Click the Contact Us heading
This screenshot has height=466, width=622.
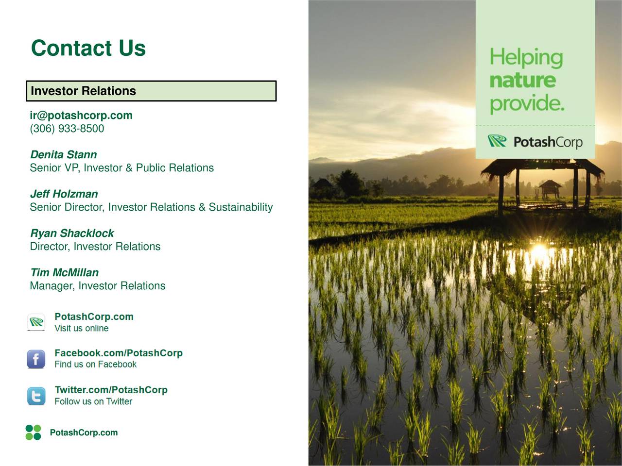88,48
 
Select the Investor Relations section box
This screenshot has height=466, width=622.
151,91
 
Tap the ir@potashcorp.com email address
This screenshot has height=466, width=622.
81,116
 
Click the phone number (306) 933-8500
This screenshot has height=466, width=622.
67,129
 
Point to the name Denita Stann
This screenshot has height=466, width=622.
64,154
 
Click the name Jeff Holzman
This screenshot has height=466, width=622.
64,194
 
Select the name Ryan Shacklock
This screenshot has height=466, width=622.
72,233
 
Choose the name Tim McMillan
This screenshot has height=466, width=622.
65,272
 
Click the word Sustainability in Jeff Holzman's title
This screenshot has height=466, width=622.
241,207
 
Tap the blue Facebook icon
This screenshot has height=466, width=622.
36,359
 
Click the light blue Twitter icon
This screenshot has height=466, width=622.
36,396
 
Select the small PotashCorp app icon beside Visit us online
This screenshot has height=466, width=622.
36,322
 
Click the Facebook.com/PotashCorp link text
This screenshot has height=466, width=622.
119,353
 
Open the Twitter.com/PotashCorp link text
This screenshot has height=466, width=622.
111,390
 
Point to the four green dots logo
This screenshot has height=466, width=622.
33,433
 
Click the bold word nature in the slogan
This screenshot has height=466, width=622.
523,81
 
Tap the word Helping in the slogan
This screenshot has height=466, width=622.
526,58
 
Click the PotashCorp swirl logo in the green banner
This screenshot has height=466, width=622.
497,141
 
